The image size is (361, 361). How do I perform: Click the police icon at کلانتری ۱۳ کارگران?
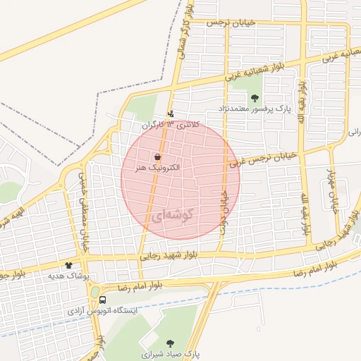pyautogui.click(x=170, y=114)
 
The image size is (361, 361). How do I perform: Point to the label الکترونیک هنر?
pyautogui.click(x=157, y=169)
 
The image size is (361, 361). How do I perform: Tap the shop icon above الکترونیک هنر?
pyautogui.click(x=157, y=157)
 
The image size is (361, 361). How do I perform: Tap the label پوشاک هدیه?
pyautogui.click(x=68, y=276)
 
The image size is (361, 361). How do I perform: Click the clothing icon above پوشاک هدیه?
pyautogui.click(x=68, y=265)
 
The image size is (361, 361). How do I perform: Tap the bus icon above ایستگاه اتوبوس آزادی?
pyautogui.click(x=103, y=300)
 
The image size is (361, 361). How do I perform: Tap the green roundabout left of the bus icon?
pyautogui.click(x=94, y=291)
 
